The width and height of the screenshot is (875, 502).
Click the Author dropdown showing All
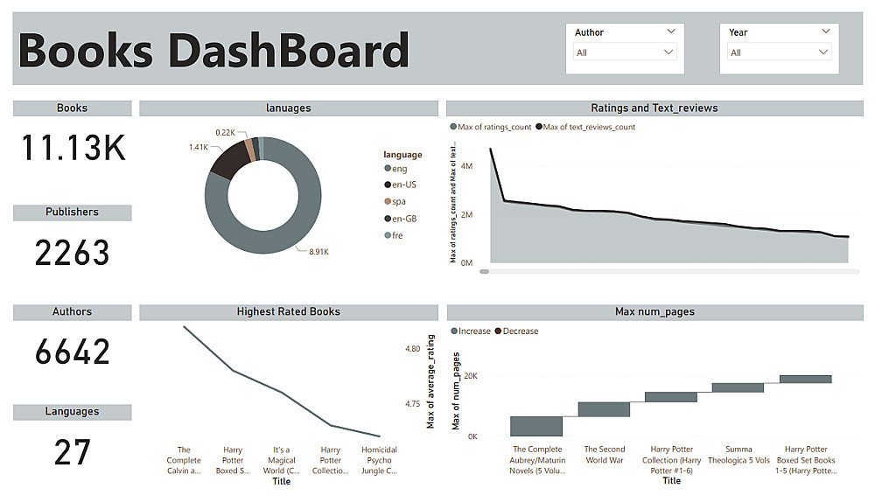625,52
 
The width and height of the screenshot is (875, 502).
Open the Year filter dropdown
779,52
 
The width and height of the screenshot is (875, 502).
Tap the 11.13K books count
73,149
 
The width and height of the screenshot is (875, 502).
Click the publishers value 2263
73,253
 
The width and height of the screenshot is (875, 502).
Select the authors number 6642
73,352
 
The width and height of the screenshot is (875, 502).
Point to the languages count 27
73,452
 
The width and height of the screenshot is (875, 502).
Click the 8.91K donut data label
318,252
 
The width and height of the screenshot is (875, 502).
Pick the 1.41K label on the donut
198,147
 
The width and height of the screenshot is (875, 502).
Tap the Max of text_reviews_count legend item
585,127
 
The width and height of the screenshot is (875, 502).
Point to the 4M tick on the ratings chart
467,165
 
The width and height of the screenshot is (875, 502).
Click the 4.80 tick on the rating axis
413,349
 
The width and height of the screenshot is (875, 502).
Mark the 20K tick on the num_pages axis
470,376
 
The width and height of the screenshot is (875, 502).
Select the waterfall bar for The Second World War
604,409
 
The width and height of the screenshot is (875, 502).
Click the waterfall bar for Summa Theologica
738,387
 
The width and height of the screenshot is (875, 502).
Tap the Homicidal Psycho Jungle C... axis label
379,460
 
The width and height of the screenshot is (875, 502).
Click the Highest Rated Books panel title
288,311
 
